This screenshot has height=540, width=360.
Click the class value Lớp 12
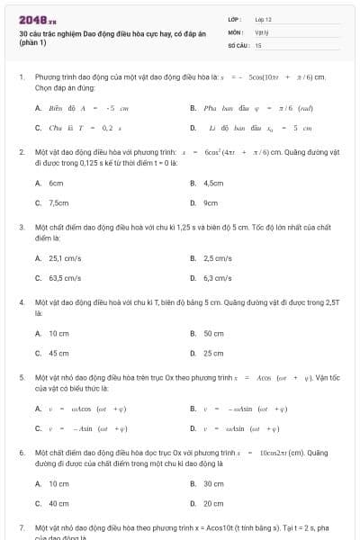click(x=264, y=19)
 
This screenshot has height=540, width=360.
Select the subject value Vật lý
click(x=262, y=31)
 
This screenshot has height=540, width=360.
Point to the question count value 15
click(x=258, y=44)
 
